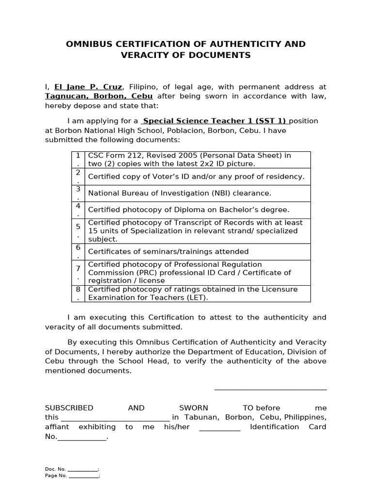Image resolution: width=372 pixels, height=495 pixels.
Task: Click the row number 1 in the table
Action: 78,155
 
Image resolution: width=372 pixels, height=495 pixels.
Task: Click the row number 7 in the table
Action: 78,268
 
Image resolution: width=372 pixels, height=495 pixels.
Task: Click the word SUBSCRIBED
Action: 69,408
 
